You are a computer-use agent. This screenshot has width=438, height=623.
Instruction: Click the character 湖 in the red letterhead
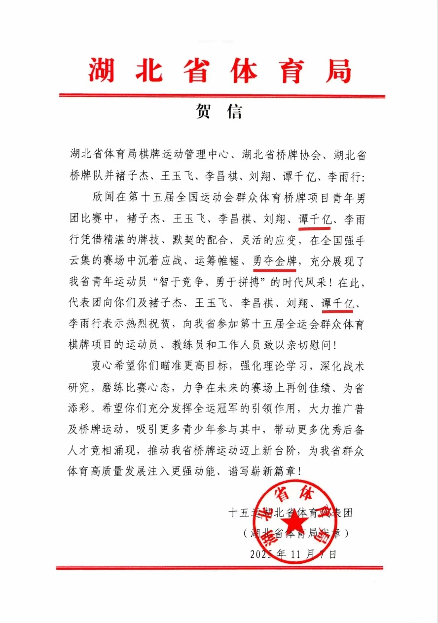click(102, 70)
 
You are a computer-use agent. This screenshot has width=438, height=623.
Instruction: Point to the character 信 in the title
click(235, 112)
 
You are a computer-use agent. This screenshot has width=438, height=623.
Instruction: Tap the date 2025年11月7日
click(293, 554)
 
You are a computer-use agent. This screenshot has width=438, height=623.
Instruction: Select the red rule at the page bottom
click(219, 568)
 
